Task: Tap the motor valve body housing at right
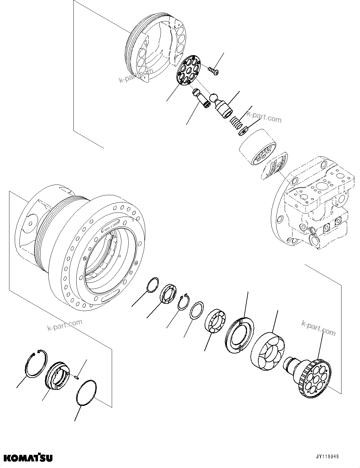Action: [x=314, y=207]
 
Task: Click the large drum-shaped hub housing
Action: [x=82, y=242]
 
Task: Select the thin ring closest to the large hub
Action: [x=153, y=285]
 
